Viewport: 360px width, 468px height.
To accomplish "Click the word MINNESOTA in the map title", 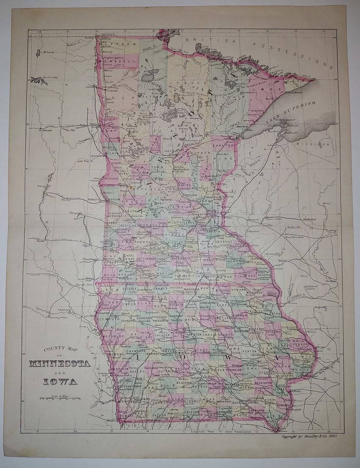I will (60, 364).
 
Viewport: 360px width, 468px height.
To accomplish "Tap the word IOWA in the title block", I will (60, 381).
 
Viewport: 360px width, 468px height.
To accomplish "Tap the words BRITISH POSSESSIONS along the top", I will (260, 49).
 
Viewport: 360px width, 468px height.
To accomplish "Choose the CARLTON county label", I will (223, 145).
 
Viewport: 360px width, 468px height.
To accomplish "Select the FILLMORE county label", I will (246, 276).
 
